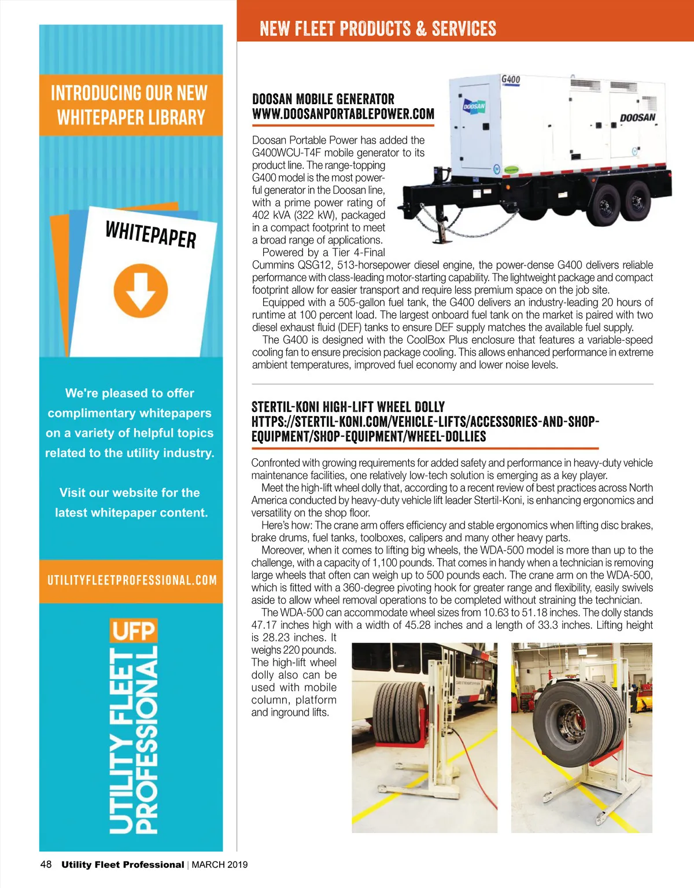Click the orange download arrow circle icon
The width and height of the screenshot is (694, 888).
coord(141,290)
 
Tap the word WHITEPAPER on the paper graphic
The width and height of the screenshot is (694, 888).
coord(150,234)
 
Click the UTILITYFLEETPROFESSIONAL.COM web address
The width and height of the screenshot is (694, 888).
coord(132,580)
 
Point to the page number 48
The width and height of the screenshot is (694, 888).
coord(46,864)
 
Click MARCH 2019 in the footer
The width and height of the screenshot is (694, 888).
coord(220,865)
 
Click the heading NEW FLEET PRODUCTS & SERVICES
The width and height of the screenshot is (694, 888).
coord(378,28)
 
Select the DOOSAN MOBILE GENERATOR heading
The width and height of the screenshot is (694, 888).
coord(323,99)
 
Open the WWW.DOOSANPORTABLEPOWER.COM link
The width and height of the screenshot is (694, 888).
coord(343,114)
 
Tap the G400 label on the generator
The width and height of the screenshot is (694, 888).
coord(510,79)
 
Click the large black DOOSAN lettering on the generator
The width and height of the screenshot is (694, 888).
coord(637,117)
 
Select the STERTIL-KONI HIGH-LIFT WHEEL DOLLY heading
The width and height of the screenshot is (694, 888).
coord(348,407)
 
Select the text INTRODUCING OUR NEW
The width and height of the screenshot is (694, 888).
coord(129,93)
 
